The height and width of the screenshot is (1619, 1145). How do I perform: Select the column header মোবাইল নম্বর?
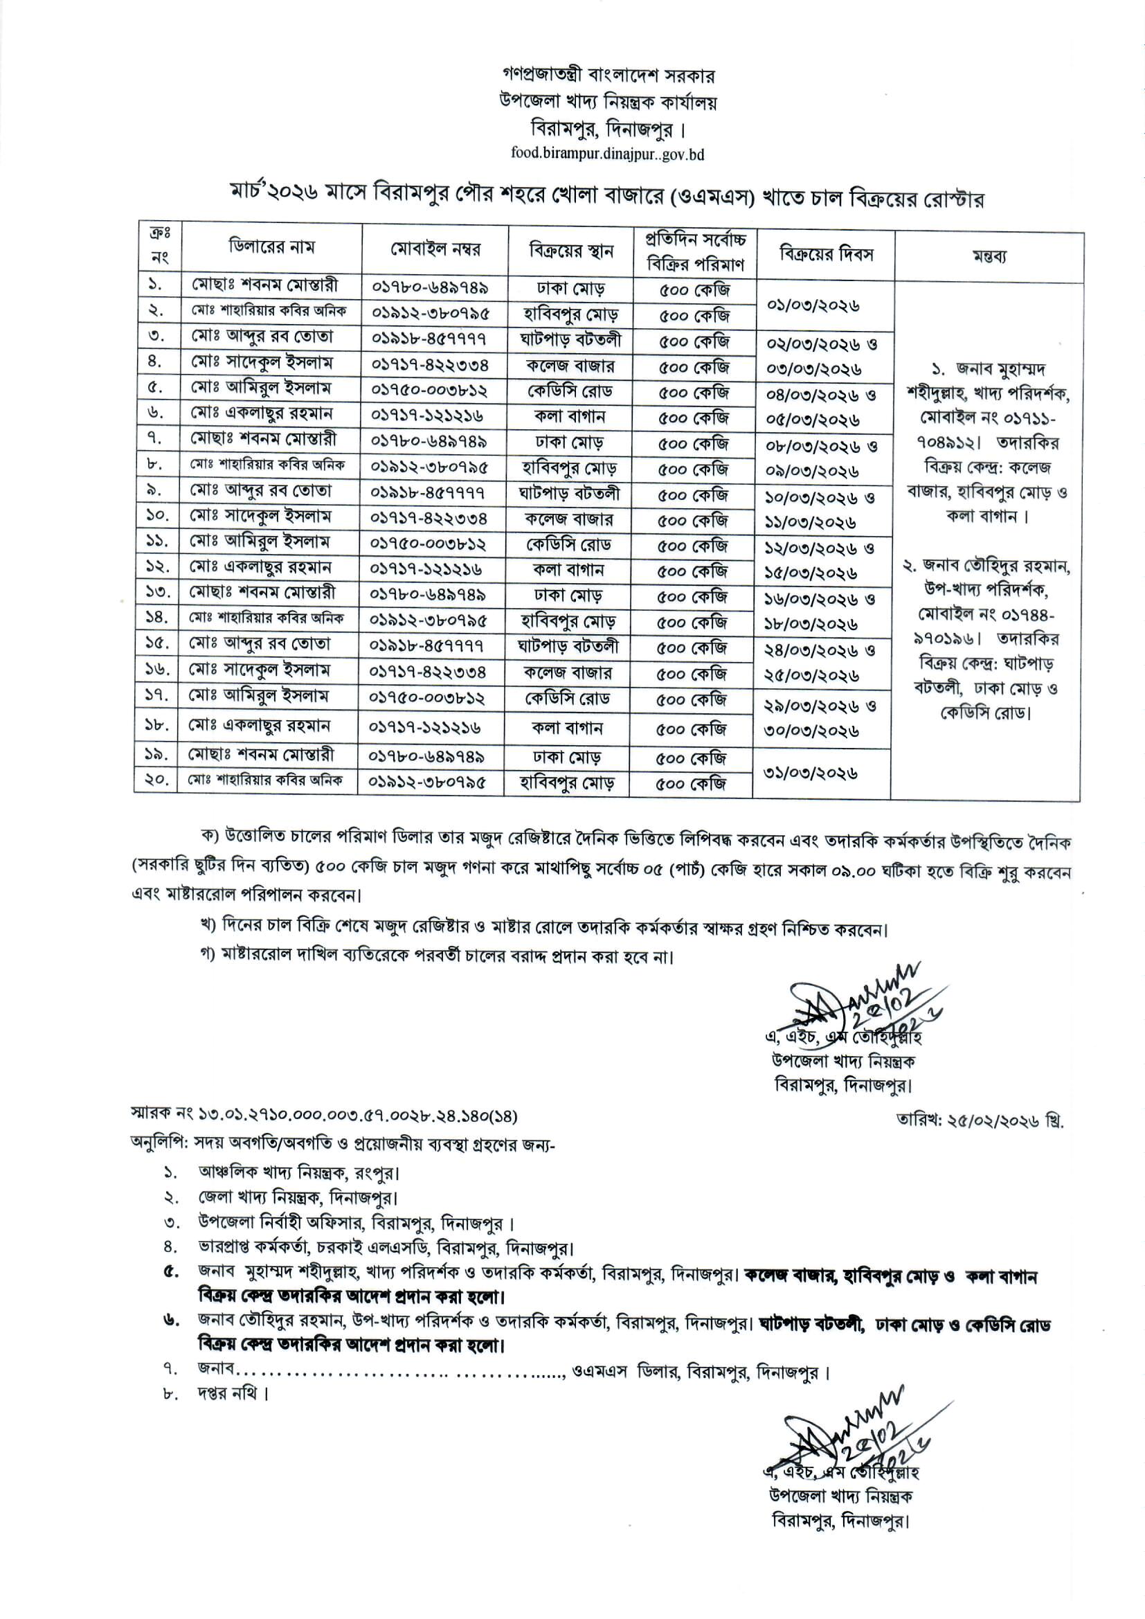click(x=435, y=249)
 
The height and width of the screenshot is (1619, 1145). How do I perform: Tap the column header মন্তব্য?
click(x=989, y=257)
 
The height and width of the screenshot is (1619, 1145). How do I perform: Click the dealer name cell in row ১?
click(x=271, y=285)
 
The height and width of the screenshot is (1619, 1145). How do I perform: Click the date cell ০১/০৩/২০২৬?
click(x=815, y=306)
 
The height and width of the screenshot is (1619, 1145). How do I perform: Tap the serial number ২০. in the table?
click(x=156, y=780)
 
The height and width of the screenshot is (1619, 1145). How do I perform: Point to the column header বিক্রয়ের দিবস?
click(x=826, y=254)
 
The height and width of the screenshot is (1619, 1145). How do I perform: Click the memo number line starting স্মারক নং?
click(x=324, y=1116)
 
